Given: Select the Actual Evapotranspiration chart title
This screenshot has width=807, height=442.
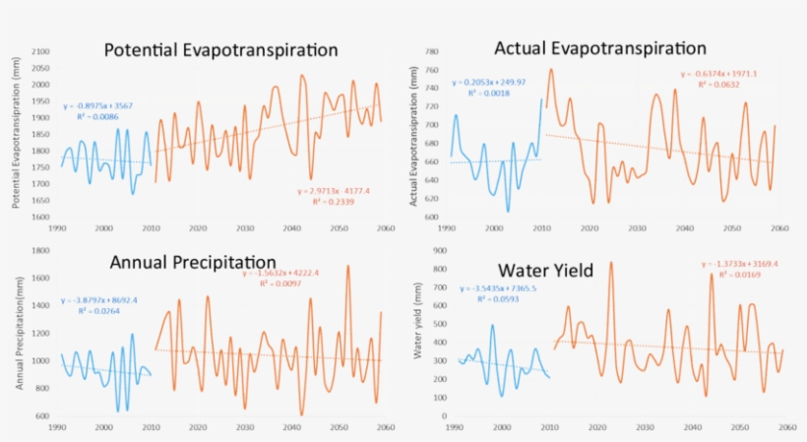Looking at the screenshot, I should click(x=600, y=47).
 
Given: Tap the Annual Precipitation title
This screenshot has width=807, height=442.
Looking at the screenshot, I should click(x=193, y=262).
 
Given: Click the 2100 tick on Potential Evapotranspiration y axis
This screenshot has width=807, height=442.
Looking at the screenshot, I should click(x=40, y=51).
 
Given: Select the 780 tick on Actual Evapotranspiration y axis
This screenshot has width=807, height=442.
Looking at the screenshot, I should click(x=431, y=51).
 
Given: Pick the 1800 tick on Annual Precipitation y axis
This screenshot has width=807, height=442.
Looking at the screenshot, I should click(x=40, y=250).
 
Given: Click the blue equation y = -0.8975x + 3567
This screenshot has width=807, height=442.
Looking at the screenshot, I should click(x=97, y=104).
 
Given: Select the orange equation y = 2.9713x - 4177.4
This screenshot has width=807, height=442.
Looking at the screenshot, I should click(x=331, y=189).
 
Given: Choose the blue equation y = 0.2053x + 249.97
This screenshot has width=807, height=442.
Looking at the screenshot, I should click(x=488, y=83).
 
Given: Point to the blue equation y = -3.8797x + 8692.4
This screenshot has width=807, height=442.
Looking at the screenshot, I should click(x=98, y=300).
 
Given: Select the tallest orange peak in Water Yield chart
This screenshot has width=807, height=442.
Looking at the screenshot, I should click(x=611, y=262).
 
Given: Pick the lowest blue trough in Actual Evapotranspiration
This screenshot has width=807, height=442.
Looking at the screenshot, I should click(x=509, y=211).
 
